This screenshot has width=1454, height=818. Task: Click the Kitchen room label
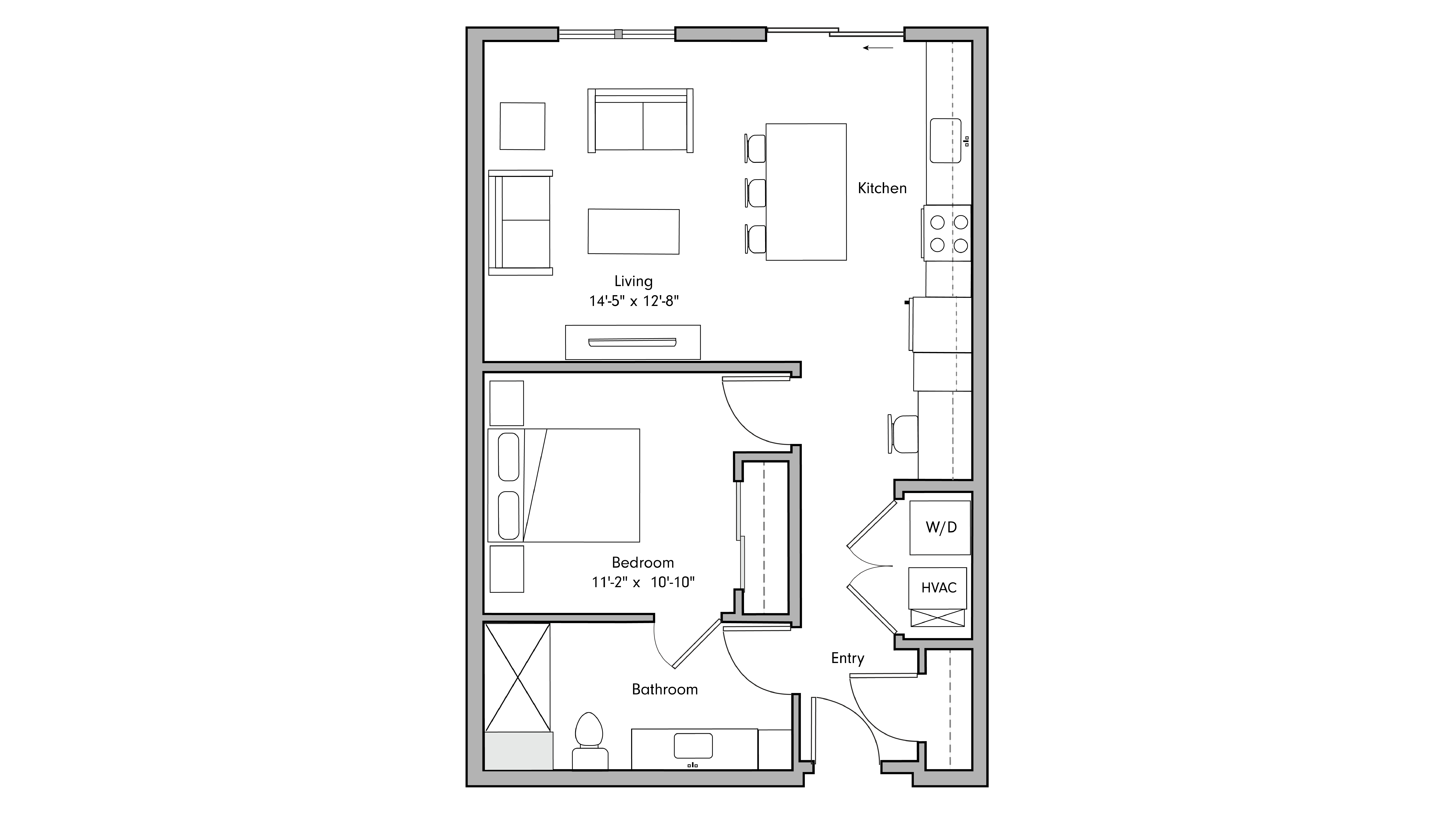point(882,188)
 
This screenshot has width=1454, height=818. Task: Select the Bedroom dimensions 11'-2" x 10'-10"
point(643,582)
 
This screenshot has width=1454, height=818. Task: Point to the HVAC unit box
point(938,588)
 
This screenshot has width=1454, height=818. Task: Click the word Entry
point(847,658)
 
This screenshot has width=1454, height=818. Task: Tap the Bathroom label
point(664,689)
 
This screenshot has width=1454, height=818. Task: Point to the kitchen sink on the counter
point(945,141)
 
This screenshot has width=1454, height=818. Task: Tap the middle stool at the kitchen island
point(755,192)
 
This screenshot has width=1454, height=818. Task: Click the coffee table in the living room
point(633,231)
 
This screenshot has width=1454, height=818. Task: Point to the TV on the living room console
point(632,342)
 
